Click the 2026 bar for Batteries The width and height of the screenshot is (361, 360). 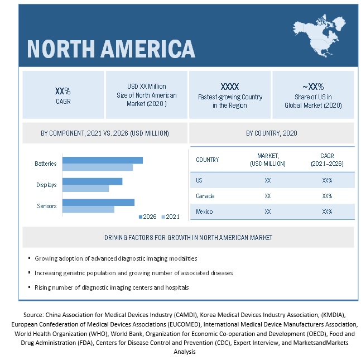click(102, 160)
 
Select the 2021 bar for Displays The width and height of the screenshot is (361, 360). click(85, 188)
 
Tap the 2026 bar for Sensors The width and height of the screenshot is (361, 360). click(98, 202)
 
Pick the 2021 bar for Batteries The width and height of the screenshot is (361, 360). click(97, 167)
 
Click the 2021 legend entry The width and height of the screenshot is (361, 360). click(170, 217)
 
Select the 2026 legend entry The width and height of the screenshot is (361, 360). click(147, 217)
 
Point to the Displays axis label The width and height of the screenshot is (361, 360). click(46, 185)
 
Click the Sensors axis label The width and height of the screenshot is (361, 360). click(47, 206)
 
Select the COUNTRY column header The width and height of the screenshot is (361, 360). click(208, 160)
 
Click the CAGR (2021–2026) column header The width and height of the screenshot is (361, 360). click(327, 160)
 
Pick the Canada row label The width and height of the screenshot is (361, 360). click(205, 196)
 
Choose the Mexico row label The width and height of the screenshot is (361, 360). click(205, 212)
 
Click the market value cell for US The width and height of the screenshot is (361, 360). click(268, 180)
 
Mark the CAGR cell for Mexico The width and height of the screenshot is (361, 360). click(327, 212)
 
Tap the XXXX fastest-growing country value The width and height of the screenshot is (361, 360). click(230, 87)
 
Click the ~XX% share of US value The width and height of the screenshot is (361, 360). click(313, 87)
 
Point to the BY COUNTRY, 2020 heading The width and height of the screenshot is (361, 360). click(272, 133)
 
